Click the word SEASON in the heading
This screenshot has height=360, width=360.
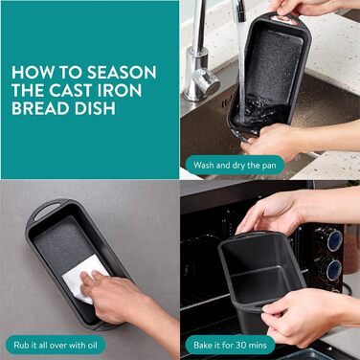[122, 73]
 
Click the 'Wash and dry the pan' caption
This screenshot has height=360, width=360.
[235, 166]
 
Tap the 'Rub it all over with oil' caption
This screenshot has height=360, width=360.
[56, 345]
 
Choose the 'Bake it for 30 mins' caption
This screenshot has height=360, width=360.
[230, 345]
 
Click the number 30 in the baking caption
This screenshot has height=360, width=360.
[241, 345]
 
